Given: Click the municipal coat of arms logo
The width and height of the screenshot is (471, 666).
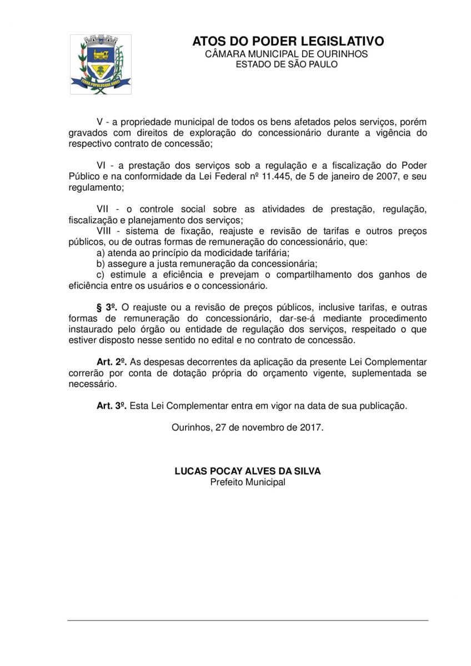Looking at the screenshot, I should (101, 64).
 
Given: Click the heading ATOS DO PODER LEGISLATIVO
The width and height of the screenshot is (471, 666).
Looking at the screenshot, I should (288, 42).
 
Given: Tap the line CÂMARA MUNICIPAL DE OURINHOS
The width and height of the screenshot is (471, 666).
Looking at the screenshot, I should (287, 54).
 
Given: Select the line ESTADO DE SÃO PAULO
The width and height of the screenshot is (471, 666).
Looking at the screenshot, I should (287, 64).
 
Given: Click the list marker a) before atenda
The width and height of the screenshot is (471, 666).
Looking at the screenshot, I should (101, 253).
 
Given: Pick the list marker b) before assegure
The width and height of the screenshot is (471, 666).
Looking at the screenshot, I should (101, 264).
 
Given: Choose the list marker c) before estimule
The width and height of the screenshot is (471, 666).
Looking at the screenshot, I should (101, 275).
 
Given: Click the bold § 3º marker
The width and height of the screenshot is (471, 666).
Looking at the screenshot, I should (107, 307).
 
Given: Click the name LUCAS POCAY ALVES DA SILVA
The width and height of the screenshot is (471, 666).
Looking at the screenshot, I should (248, 471).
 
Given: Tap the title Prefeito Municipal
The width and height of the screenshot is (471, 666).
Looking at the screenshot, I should (248, 482).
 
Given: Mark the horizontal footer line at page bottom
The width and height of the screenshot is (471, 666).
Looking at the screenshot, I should (248, 620).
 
